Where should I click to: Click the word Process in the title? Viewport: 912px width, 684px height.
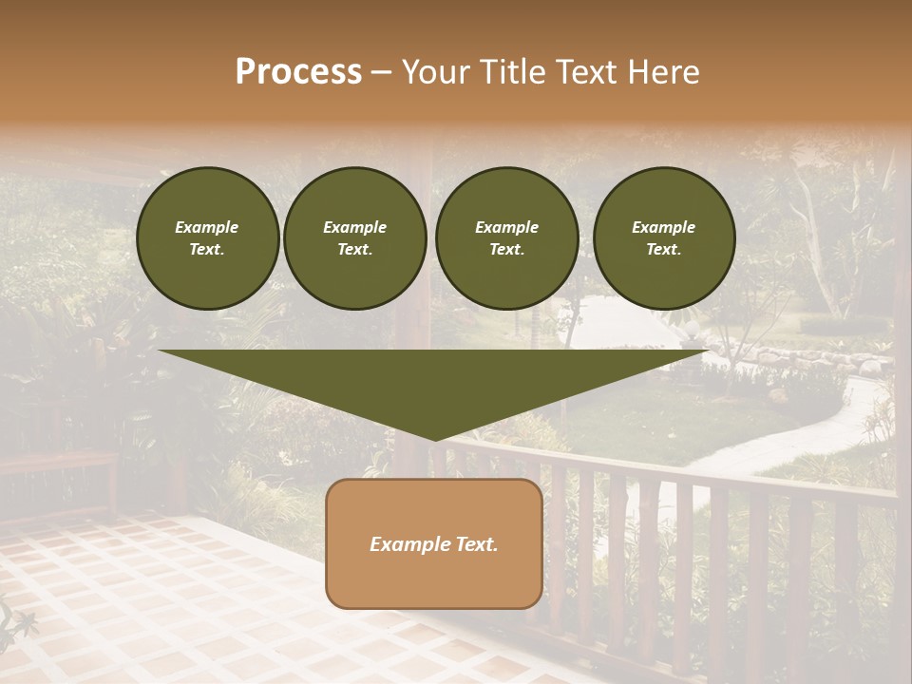click(x=298, y=72)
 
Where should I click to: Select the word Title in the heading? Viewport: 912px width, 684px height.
click(x=513, y=72)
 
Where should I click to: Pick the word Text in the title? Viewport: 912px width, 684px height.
click(x=587, y=72)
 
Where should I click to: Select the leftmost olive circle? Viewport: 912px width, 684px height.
click(x=208, y=238)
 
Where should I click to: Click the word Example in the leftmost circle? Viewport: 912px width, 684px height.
click(x=207, y=227)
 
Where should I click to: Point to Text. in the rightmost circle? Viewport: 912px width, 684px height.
click(x=664, y=250)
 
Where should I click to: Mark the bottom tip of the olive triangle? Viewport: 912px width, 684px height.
click(x=435, y=439)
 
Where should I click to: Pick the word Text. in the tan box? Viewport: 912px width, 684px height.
click(x=477, y=544)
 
